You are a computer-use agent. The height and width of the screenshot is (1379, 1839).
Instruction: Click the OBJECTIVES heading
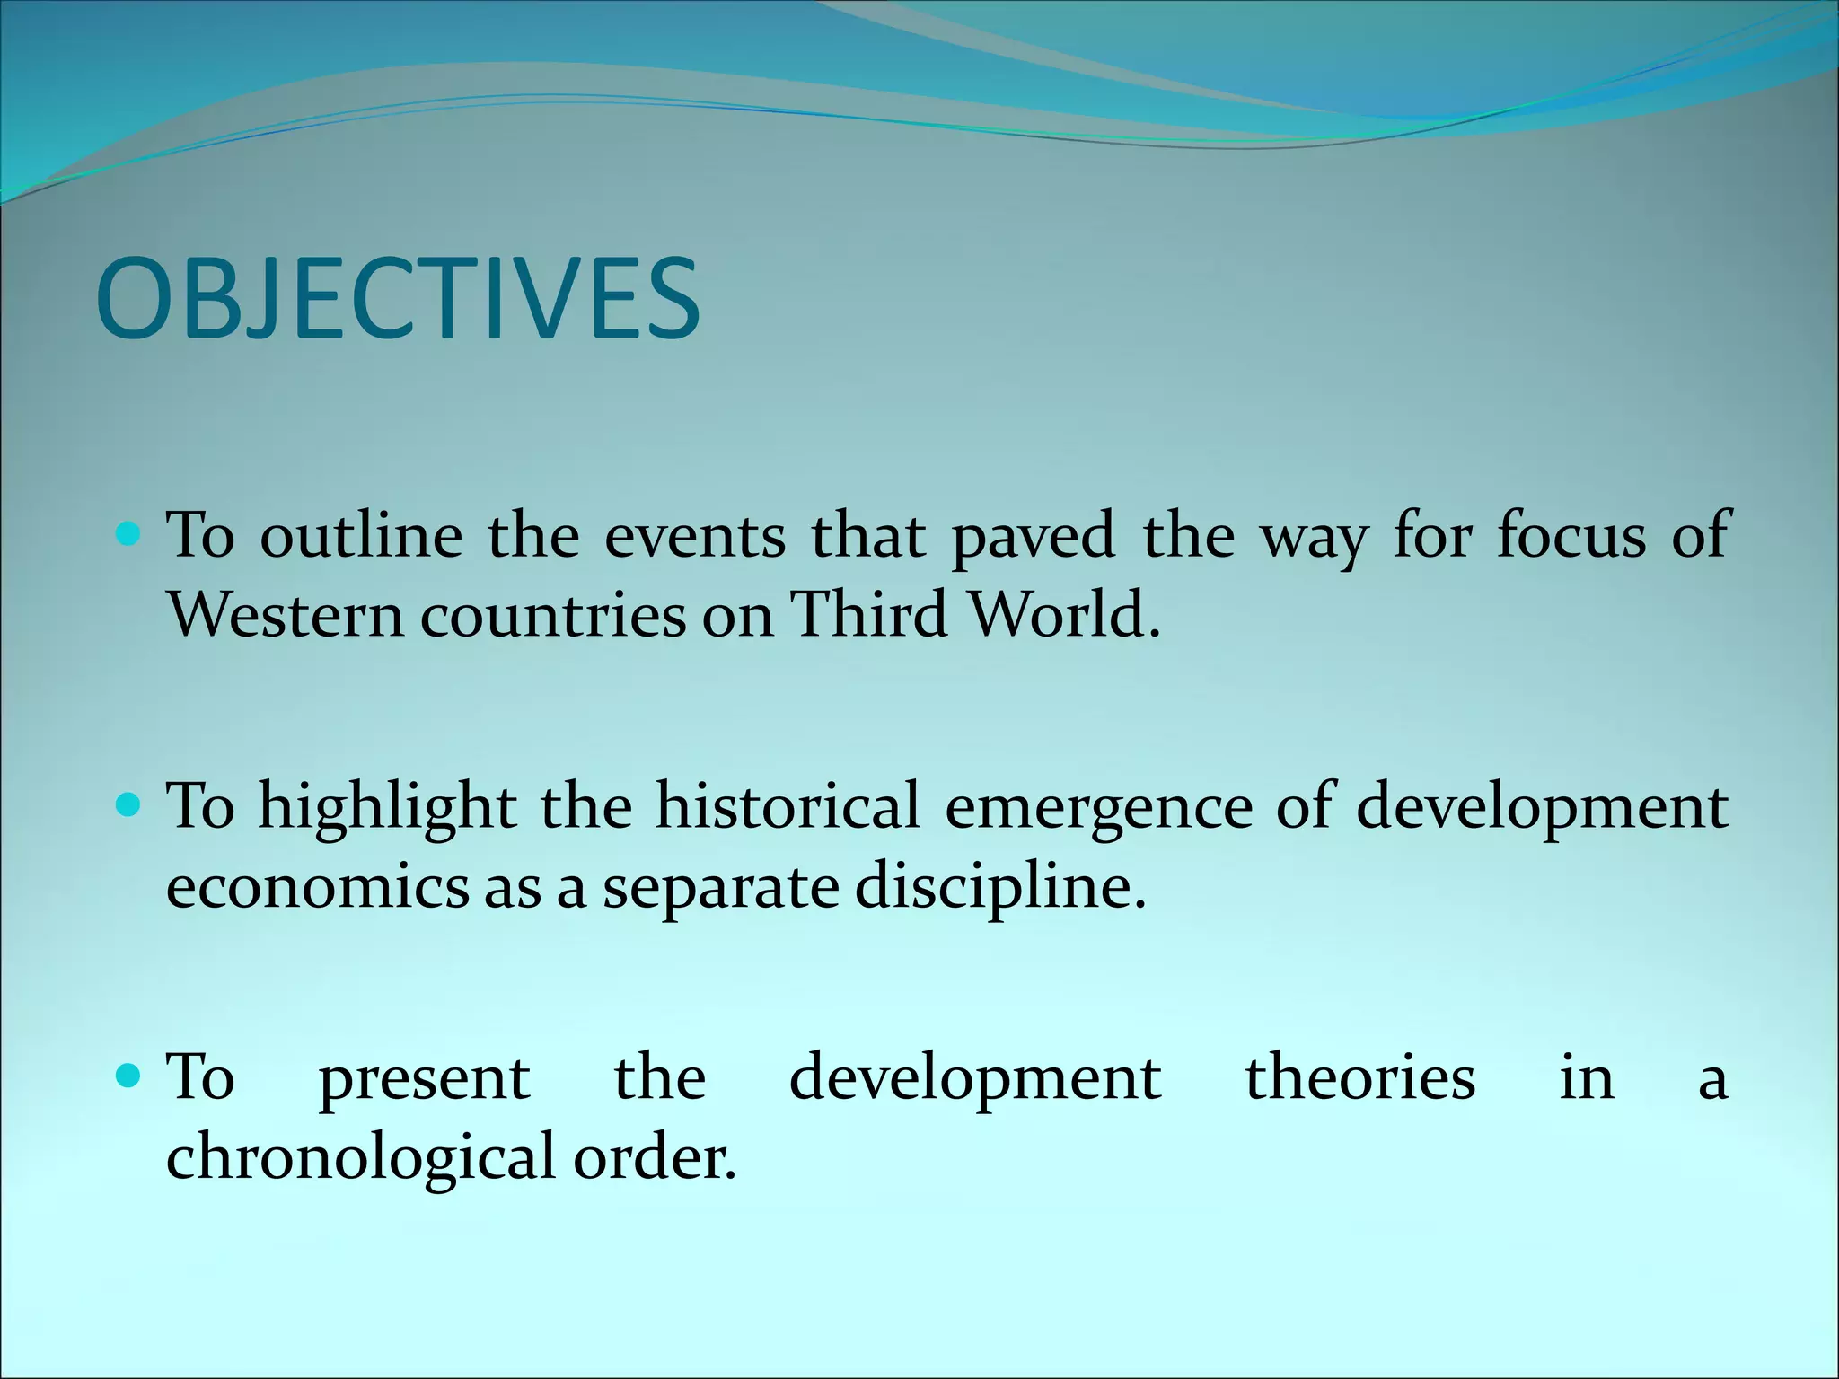point(398,298)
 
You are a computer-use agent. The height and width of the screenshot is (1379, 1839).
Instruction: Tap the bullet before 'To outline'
point(129,536)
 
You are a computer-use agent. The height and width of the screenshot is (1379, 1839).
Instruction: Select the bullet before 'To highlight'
point(129,806)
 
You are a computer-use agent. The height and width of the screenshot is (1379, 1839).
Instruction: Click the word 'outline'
point(361,536)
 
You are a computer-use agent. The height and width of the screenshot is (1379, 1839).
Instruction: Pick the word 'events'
point(694,536)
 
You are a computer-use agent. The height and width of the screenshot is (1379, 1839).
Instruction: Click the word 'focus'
point(1571,536)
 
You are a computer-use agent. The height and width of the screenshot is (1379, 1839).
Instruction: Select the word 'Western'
point(286,616)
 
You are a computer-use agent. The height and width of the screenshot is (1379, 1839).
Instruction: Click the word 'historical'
point(788,805)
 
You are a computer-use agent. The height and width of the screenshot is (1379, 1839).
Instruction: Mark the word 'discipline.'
point(999,889)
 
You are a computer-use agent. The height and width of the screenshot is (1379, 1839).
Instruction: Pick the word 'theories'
point(1359,1077)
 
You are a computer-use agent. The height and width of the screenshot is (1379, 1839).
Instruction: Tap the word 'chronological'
point(361,1158)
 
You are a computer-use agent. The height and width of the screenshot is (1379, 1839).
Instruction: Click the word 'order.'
point(654,1158)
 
